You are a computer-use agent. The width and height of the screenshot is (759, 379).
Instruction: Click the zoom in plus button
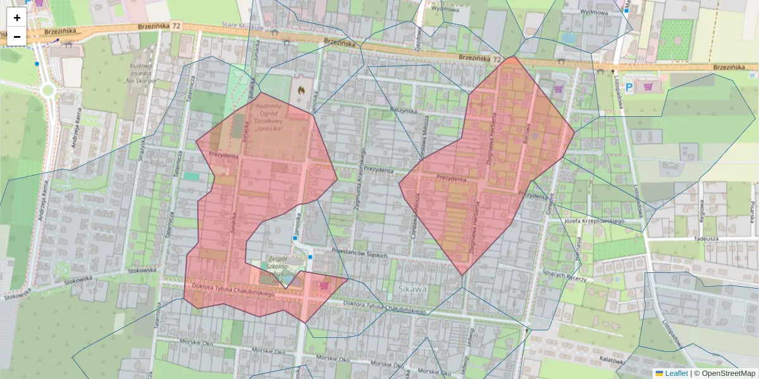click(17, 18)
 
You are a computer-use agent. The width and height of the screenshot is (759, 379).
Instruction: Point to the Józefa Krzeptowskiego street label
click(594, 221)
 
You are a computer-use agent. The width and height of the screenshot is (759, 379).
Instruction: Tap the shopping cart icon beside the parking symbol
click(648, 87)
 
